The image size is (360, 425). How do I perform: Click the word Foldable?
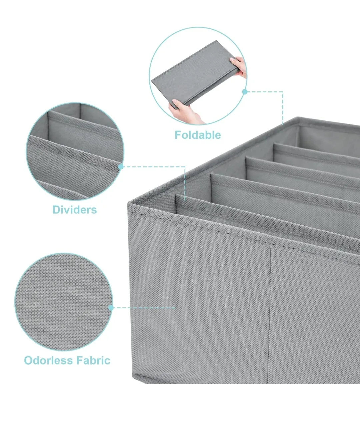click(198, 135)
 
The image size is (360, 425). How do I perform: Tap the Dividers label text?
click(75, 210)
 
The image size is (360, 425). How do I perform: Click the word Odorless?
click(49, 360)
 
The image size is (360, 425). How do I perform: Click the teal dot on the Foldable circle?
click(245, 91)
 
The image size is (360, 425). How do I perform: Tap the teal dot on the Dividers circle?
click(121, 166)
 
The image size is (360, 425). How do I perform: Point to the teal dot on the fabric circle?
click(111, 308)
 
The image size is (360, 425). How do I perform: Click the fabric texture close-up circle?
click(63, 302)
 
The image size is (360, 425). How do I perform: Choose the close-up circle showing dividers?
click(75, 152)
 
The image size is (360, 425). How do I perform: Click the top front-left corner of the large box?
click(130, 203)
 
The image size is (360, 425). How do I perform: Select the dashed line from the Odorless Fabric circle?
click(143, 308)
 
